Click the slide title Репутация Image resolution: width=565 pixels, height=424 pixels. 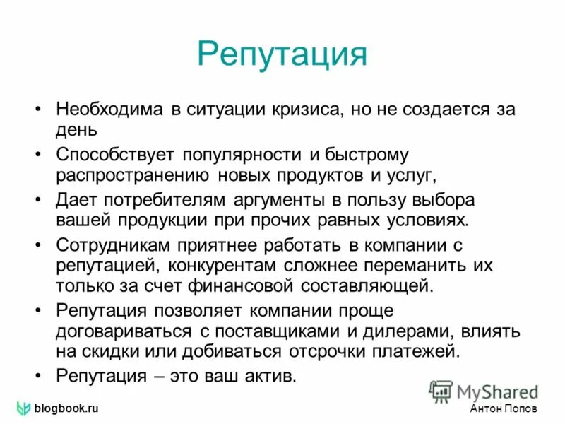[x=282, y=54]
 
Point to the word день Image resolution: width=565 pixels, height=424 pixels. [x=77, y=130]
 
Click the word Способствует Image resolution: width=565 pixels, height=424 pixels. [x=112, y=154]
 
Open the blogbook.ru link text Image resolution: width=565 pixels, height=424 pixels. [x=66, y=409]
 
